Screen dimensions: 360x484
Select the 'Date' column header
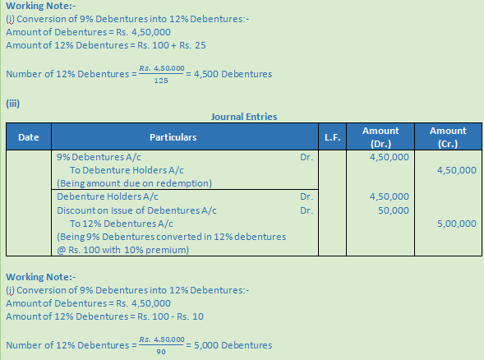coord(29,137)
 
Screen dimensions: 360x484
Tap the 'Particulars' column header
coord(173,137)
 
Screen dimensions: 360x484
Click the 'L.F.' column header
coord(332,137)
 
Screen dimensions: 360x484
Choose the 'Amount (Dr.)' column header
coord(380,136)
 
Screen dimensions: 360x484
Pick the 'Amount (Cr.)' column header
coord(447,136)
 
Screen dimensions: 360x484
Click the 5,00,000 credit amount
coord(456,223)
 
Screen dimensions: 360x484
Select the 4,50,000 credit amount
coord(456,170)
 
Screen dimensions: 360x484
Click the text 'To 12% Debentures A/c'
coord(121,223)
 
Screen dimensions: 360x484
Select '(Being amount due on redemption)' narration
coord(134,182)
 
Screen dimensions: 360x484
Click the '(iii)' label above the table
coord(12,103)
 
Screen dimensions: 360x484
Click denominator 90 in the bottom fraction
coord(161,351)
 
